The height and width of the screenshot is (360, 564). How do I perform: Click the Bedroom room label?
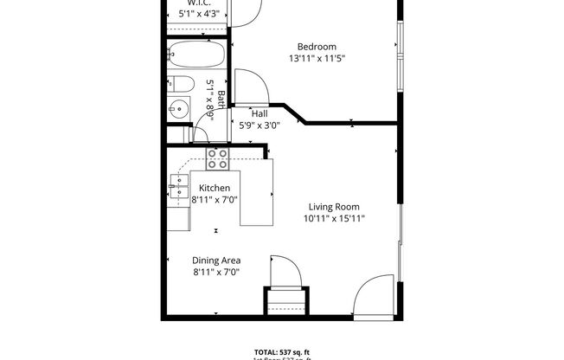tap(317, 47)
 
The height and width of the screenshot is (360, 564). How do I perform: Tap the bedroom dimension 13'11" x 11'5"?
tap(317, 59)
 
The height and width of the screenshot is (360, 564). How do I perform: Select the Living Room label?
tap(334, 207)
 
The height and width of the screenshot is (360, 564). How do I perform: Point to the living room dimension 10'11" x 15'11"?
tap(334, 219)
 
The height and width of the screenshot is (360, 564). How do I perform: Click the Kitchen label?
tap(215, 188)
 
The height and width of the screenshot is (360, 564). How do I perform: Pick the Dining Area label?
tap(215, 260)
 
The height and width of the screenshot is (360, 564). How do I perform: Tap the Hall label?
tap(259, 113)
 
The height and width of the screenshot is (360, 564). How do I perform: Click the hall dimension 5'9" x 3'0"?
tap(260, 125)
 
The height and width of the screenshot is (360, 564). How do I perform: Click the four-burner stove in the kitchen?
tap(217, 158)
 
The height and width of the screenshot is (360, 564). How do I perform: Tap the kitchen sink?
tap(179, 185)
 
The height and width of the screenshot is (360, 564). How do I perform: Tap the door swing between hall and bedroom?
tap(252, 87)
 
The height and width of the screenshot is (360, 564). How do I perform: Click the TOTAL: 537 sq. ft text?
tap(281, 351)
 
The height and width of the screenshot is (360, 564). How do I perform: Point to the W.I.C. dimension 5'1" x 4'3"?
tap(199, 14)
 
